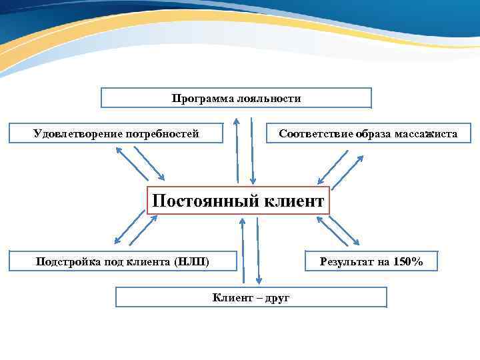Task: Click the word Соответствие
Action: click(315, 134)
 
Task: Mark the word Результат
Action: click(347, 261)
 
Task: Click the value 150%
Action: click(407, 261)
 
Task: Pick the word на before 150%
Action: click(383, 261)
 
